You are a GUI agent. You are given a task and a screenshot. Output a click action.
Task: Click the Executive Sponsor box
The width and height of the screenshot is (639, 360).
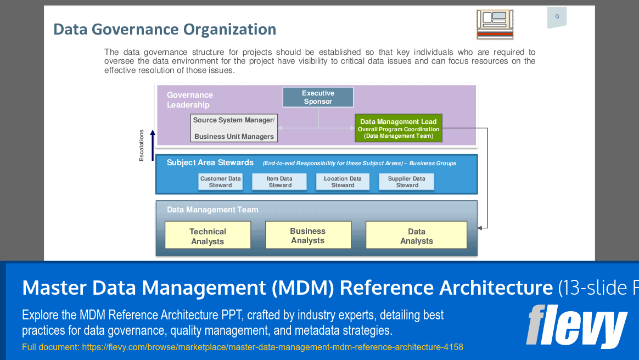[318, 97]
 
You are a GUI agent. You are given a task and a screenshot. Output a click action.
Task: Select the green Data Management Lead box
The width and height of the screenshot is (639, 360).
[398, 128]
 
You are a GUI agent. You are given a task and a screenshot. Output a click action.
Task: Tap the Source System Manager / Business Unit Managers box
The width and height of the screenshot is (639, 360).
[234, 128]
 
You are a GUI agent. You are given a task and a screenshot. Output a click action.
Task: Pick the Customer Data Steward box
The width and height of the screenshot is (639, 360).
[220, 182]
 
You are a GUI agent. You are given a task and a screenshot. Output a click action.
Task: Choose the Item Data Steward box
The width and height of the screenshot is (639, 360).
[279, 182]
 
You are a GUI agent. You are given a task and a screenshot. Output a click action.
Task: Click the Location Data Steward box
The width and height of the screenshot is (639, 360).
[343, 182]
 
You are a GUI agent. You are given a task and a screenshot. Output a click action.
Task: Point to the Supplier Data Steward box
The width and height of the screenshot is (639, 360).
[406, 182]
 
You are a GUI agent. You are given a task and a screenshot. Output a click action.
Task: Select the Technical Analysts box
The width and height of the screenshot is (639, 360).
[208, 236]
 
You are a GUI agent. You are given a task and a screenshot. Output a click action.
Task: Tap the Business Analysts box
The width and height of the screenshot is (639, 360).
[307, 235]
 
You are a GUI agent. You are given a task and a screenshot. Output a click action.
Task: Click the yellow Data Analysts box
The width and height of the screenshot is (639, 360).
[416, 236]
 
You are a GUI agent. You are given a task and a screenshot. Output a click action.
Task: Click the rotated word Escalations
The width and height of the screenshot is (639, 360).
[142, 145]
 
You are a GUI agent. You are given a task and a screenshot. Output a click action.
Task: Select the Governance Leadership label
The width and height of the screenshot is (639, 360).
[189, 100]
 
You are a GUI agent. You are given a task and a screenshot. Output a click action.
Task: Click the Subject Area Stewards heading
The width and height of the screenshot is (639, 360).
[210, 162]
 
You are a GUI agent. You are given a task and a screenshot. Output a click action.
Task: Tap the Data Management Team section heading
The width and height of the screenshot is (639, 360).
[212, 210]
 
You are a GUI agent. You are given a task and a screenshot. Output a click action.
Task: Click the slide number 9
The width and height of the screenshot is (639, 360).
[557, 17]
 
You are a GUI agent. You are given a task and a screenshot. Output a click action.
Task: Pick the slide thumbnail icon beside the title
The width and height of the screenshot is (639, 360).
[495, 24]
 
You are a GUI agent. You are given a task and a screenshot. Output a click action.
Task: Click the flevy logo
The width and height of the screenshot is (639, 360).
[576, 326]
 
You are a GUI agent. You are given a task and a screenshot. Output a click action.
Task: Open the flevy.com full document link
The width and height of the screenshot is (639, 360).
[272, 347]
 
